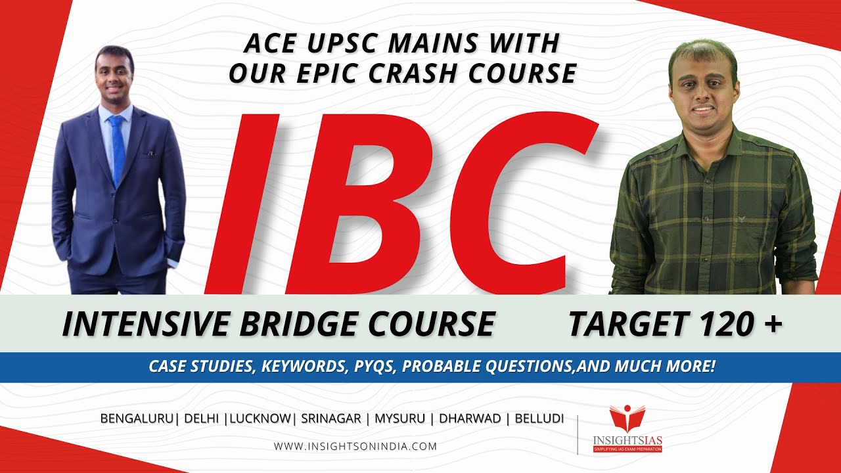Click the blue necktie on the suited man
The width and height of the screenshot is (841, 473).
coord(117,148)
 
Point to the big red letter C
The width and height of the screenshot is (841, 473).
coord(519,204)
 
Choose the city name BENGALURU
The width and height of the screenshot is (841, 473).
coord(138,418)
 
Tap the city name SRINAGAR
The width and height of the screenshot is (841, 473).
coord(330,418)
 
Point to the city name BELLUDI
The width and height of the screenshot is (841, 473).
coord(539,418)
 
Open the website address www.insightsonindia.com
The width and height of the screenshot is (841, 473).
coord(355,446)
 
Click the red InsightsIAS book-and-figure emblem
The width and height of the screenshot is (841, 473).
coord(627,418)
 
